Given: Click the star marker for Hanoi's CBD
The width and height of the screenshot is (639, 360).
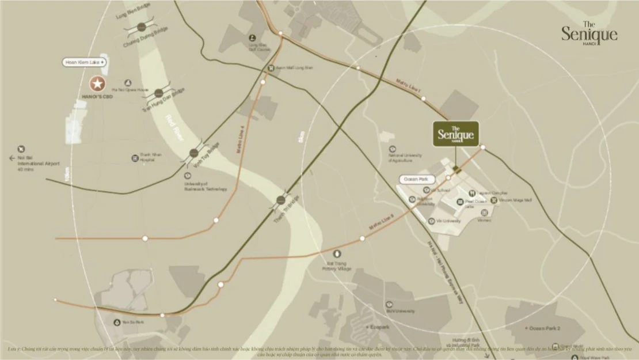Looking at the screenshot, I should [x=98, y=84].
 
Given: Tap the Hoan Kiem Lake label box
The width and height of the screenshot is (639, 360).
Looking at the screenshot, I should [x=85, y=62].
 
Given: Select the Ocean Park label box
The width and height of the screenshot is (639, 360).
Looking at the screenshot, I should [x=415, y=180].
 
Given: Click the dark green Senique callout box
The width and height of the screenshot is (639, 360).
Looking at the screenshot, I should [x=455, y=134].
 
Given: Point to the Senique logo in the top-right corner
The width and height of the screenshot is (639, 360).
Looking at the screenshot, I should [x=589, y=34].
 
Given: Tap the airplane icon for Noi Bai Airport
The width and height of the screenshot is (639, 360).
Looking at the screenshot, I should [x=21, y=149].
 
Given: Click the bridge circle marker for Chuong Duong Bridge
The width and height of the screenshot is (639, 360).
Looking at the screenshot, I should [x=142, y=27].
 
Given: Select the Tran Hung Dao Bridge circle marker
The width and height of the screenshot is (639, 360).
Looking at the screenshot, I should [x=158, y=93].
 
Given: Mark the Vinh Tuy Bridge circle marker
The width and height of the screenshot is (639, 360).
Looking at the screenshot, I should [x=194, y=153].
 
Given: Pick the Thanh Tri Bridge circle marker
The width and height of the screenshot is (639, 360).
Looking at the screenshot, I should [x=281, y=200].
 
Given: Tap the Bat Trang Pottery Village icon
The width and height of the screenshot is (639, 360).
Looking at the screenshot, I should [x=337, y=253].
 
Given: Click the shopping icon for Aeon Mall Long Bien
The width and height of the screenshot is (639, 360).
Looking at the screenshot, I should [x=271, y=67].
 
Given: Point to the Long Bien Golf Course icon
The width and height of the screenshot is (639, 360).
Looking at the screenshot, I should [x=253, y=38].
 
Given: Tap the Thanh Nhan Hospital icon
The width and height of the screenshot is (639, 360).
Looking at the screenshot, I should [x=135, y=158].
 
